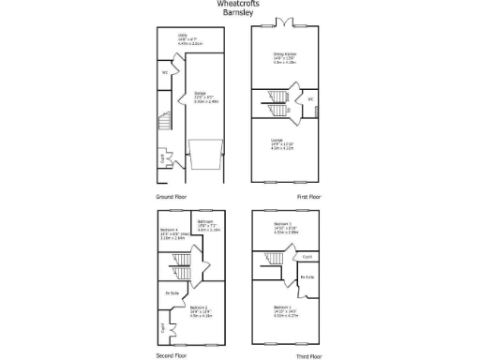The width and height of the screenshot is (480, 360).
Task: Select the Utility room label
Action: [183, 37]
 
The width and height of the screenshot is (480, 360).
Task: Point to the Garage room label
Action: [200, 94]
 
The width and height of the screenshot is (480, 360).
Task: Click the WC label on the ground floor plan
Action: [164, 72]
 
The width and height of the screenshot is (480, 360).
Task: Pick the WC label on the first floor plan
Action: [310, 99]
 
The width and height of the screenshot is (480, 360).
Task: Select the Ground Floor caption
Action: [172, 198]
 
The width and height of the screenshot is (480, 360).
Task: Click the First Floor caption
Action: [308, 198]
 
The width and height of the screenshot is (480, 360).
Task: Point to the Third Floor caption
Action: [308, 356]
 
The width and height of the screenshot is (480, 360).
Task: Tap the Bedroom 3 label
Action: [283, 223]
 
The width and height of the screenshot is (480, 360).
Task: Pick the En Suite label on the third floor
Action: [306, 277]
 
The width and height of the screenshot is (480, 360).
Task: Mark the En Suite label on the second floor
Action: [172, 293]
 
